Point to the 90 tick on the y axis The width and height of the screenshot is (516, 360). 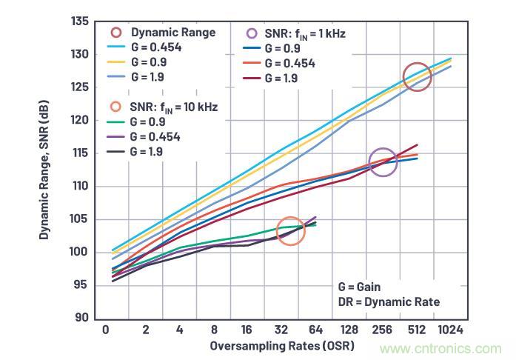pos(81,318)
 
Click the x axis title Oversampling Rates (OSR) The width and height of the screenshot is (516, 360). pos(282,346)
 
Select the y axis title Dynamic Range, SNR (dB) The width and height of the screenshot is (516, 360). pos(45,170)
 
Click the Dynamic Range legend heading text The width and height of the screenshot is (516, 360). pos(173,33)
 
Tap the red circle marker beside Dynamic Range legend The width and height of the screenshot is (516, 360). pos(116,33)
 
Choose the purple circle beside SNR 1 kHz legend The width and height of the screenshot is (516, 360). pos(252,33)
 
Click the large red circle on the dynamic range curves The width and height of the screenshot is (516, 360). pos(417,77)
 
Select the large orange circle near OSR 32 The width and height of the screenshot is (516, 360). pos(291,232)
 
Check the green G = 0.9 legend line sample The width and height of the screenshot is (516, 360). pos(116,121)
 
